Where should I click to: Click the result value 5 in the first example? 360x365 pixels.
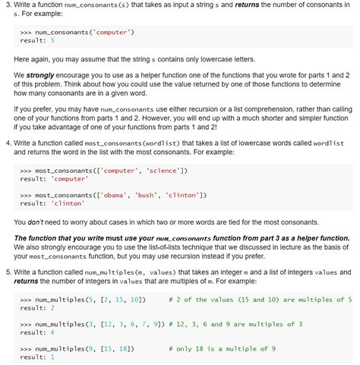(x=52, y=40)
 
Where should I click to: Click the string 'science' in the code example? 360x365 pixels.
(x=161, y=170)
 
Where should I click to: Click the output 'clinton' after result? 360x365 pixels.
(x=68, y=203)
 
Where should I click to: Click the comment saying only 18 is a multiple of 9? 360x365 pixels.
(x=232, y=348)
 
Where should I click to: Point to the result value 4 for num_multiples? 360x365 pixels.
(x=52, y=332)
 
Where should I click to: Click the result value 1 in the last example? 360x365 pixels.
(x=52, y=357)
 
